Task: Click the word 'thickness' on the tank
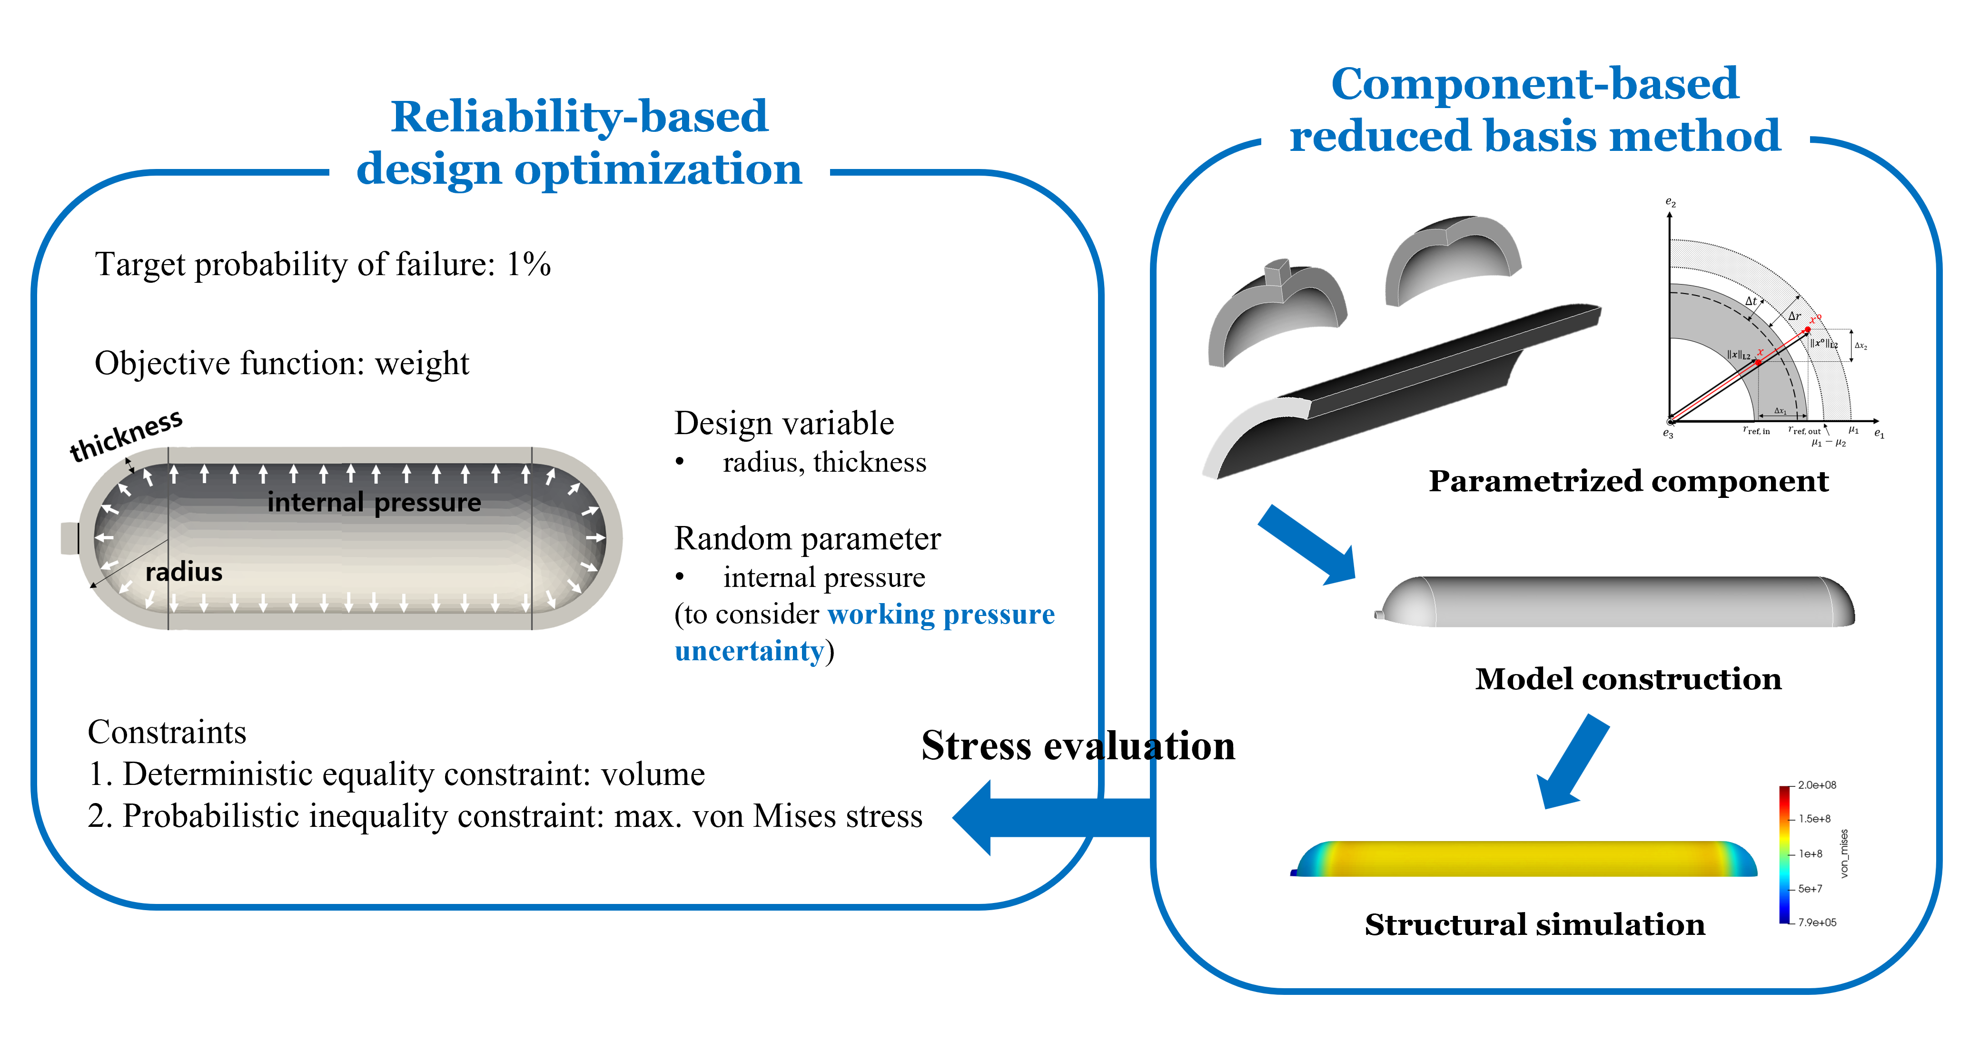coord(126,435)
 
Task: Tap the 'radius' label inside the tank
coord(184,572)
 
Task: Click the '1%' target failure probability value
coord(529,264)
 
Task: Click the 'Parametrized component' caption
coord(1628,481)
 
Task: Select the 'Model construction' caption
coord(1628,678)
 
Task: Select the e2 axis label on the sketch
coord(1670,202)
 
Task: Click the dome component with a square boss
coord(1277,311)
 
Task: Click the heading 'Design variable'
coord(783,423)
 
